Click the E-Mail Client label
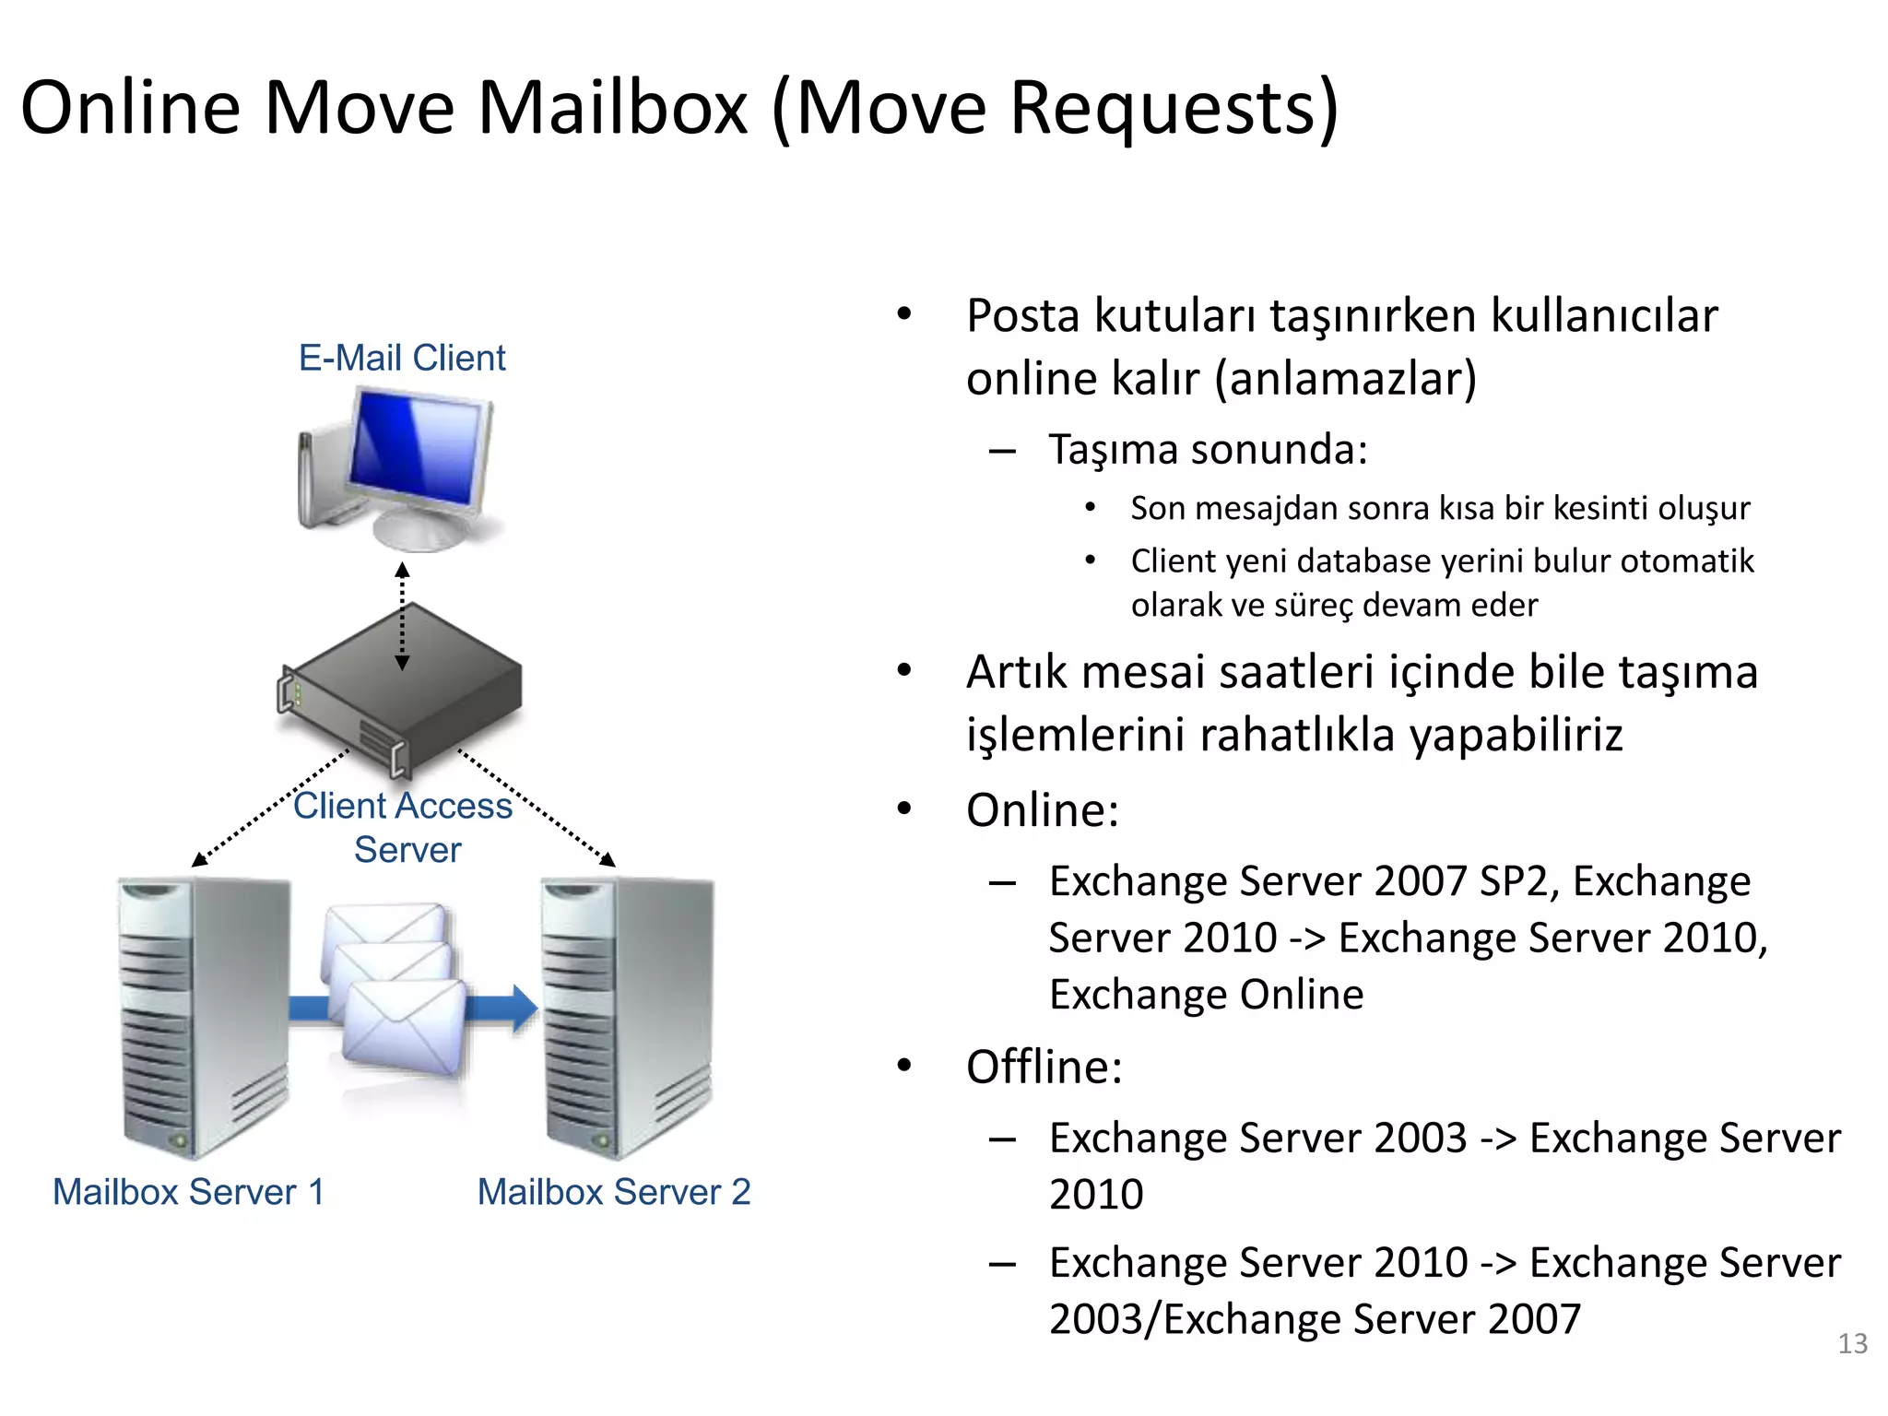click(402, 358)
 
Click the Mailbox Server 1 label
click(188, 1192)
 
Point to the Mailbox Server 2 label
click(614, 1192)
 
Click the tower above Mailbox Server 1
click(203, 1014)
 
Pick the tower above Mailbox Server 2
click(627, 1014)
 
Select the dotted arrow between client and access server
click(402, 616)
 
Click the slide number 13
click(1852, 1343)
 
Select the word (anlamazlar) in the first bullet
click(1346, 379)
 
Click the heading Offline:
click(1044, 1068)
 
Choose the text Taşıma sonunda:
click(1208, 450)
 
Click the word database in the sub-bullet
click(1377, 561)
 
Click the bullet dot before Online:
click(904, 809)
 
